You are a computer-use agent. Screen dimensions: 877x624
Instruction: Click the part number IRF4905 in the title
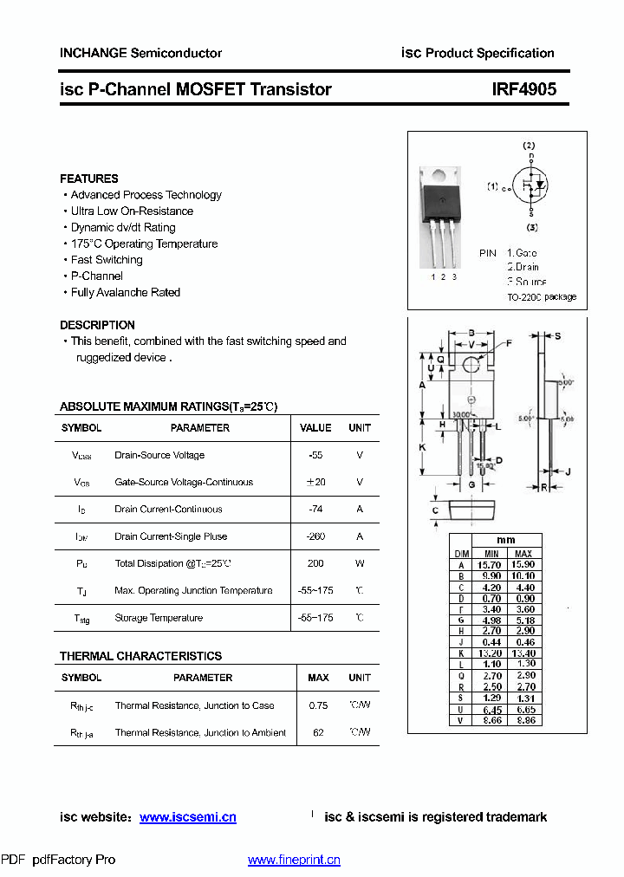(524, 89)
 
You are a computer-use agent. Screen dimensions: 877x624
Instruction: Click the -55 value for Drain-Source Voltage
(315, 455)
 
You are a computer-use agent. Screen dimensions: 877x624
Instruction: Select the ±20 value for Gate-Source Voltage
(315, 482)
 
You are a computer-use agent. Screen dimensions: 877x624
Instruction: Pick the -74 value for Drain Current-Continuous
(315, 510)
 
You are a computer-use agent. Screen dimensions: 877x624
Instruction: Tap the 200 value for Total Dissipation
(315, 563)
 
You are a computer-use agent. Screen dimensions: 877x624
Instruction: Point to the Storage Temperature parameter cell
(159, 618)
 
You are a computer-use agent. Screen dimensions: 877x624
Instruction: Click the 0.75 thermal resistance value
(318, 705)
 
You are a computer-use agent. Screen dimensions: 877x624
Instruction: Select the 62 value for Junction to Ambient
(318, 732)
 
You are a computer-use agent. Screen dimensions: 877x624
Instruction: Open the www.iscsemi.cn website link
(187, 817)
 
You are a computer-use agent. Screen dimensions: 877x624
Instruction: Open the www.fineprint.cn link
(294, 860)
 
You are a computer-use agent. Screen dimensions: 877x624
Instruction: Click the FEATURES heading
(89, 179)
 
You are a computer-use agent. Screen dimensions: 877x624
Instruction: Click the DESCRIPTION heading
(97, 325)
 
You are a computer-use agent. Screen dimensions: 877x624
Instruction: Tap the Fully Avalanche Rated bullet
(126, 293)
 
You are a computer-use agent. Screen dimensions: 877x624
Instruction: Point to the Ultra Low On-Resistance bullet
(132, 211)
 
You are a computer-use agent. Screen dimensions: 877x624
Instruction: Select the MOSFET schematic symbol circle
(530, 184)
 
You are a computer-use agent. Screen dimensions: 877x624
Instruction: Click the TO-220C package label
(542, 297)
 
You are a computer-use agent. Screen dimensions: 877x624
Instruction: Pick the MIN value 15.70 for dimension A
(491, 565)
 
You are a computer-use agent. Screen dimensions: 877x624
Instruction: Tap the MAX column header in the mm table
(523, 553)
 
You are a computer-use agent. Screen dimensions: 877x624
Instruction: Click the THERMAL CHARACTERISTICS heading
(140, 656)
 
